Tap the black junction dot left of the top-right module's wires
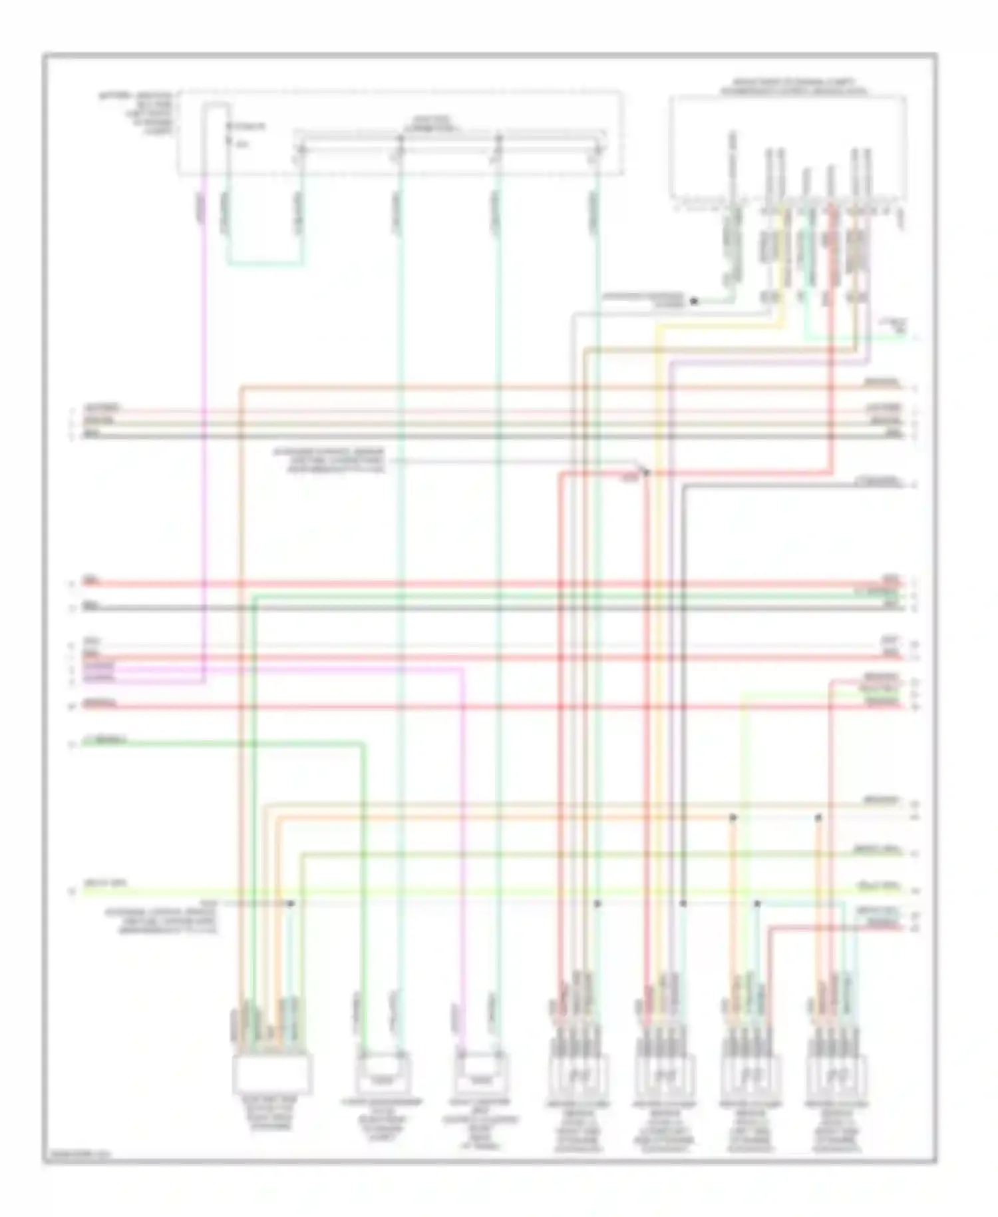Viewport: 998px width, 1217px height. coord(693,302)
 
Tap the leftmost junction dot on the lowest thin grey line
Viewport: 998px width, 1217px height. coord(291,903)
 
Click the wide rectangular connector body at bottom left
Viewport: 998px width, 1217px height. coord(272,1075)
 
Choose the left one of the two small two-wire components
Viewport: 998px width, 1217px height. coord(383,1073)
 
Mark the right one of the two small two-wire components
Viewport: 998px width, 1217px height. coord(480,1073)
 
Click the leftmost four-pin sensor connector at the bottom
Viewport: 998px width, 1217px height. coord(578,1073)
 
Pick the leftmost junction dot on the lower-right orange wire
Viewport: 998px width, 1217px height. coord(733,817)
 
